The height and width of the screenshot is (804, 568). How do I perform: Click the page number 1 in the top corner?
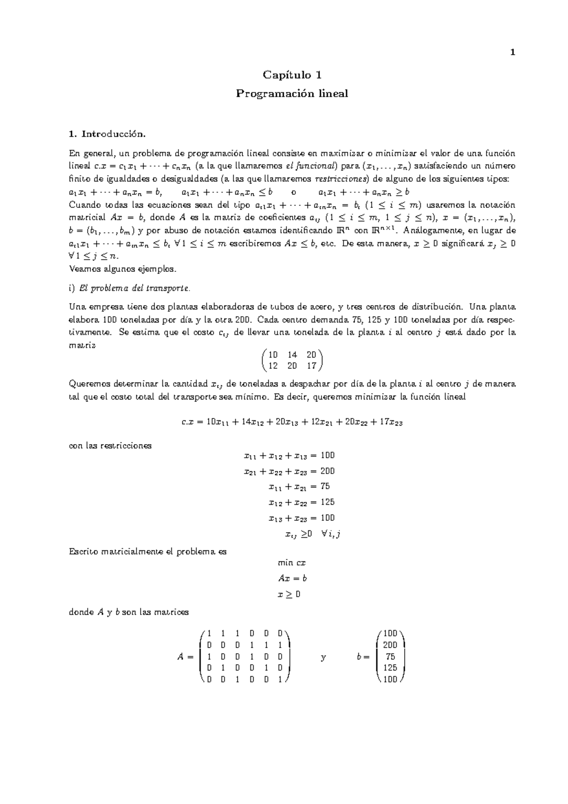point(513,53)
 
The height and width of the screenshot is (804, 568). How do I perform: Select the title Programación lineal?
point(292,94)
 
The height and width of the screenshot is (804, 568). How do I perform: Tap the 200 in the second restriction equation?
point(327,471)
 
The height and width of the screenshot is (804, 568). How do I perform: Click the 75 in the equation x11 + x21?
point(325,486)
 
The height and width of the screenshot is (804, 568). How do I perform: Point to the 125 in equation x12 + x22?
point(327,502)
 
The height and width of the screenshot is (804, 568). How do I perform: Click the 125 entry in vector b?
point(390,668)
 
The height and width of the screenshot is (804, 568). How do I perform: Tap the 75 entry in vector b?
point(390,657)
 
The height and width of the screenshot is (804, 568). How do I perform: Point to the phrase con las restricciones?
point(110,446)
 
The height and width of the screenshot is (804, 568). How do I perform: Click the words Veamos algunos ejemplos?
point(122,269)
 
